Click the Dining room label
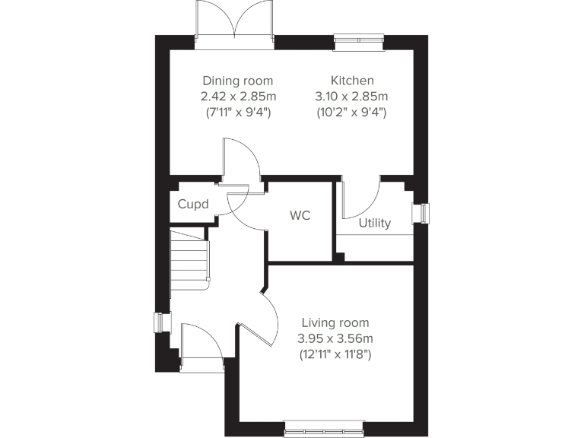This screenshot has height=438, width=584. pyautogui.click(x=237, y=81)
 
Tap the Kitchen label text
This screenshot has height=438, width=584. pyautogui.click(x=351, y=81)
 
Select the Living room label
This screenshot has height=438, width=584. pyautogui.click(x=335, y=322)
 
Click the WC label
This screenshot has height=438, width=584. pyautogui.click(x=300, y=215)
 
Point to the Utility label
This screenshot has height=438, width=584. pyautogui.click(x=375, y=223)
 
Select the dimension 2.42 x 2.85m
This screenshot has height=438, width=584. pyautogui.click(x=237, y=97)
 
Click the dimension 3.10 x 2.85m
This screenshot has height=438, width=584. pyautogui.click(x=351, y=97)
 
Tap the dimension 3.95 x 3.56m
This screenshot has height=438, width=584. pyautogui.click(x=335, y=338)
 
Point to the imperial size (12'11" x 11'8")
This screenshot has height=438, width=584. pyautogui.click(x=335, y=354)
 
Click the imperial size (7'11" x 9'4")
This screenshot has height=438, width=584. pyautogui.click(x=237, y=112)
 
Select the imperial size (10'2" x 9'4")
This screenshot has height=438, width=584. pyautogui.click(x=351, y=112)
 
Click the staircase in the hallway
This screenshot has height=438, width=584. pyautogui.click(x=189, y=259)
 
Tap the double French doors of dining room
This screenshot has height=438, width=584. pyautogui.click(x=235, y=23)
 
